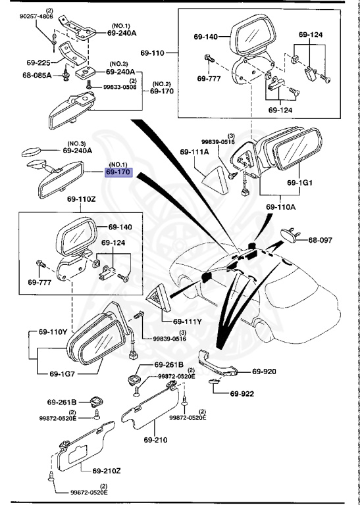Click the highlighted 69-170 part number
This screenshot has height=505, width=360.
119,173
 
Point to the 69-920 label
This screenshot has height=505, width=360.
265,371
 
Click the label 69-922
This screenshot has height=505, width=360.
242,394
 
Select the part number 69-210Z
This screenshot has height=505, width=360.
108,471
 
